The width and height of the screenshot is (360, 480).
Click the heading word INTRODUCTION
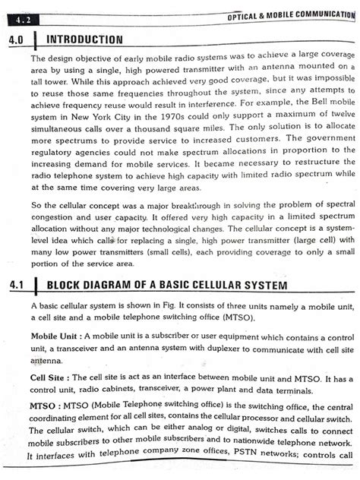click(x=84, y=39)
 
